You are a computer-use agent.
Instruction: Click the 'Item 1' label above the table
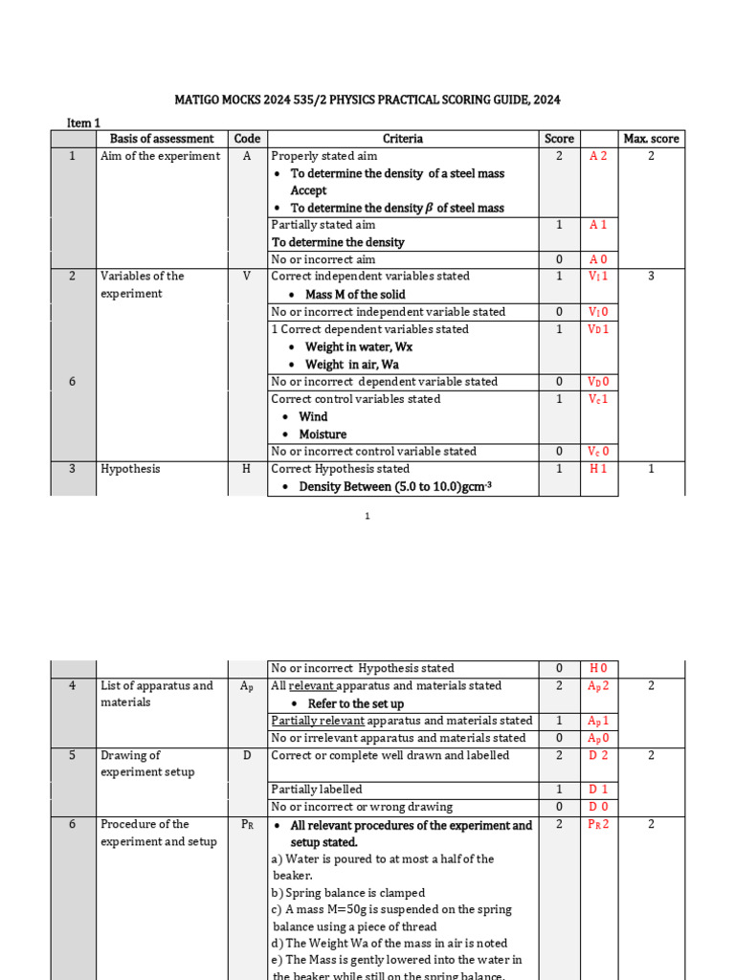[83, 122]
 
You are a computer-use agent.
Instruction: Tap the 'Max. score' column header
[651, 139]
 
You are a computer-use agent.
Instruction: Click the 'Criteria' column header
[403, 139]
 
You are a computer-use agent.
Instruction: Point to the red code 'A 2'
[598, 156]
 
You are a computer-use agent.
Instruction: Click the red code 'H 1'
[598, 469]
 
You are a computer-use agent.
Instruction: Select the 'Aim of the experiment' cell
[161, 156]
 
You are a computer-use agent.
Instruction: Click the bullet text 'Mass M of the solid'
[355, 294]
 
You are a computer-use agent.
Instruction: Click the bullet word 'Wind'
[313, 416]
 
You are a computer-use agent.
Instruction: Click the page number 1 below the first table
[367, 517]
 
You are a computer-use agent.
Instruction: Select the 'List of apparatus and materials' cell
[158, 694]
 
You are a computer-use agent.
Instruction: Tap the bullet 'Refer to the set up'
[355, 703]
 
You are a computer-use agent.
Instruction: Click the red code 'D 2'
[598, 755]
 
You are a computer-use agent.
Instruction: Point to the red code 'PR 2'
[598, 824]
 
